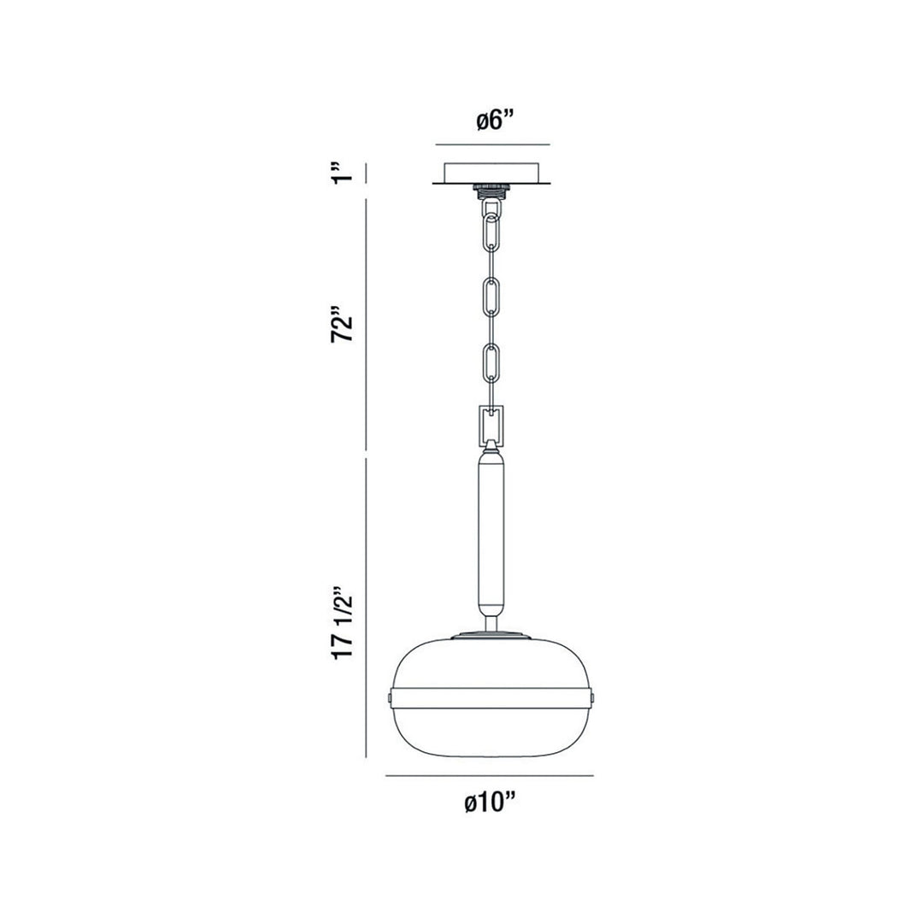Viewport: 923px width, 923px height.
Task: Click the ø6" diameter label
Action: (492, 121)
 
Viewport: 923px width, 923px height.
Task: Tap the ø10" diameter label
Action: (491, 803)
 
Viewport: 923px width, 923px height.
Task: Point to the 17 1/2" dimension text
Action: (344, 621)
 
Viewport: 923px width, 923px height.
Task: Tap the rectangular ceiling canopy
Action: (491, 172)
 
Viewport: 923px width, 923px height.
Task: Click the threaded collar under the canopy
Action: (491, 191)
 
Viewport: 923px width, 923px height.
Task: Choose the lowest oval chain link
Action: (491, 362)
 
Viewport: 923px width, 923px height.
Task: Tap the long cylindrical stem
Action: (491, 534)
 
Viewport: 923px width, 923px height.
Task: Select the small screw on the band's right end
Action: (591, 698)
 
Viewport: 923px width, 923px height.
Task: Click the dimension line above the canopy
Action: (491, 144)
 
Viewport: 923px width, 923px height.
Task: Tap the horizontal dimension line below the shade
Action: (490, 776)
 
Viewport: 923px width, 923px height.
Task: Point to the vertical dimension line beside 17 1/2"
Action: (367, 608)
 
